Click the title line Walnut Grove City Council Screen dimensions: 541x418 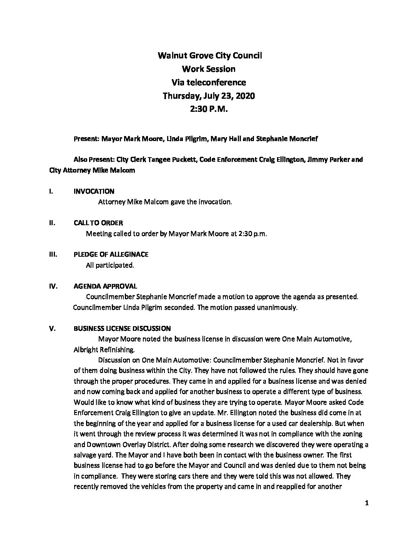pyautogui.click(x=210, y=56)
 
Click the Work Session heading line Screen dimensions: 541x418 pyautogui.click(x=209, y=69)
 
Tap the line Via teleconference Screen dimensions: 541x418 pyautogui.click(x=209, y=82)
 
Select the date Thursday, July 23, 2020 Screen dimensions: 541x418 pyautogui.click(x=209, y=96)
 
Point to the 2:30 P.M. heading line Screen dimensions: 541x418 pyautogui.click(x=209, y=109)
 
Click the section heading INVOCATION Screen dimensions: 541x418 pyautogui.click(x=94, y=191)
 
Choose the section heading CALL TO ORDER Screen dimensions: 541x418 pyautogui.click(x=98, y=223)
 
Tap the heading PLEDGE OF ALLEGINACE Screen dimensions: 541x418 pyautogui.click(x=111, y=254)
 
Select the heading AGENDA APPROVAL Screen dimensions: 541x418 pyautogui.click(x=105, y=286)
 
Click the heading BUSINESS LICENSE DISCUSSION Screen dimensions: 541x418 pyautogui.click(x=122, y=329)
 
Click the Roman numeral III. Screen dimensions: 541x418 pyautogui.click(x=53, y=254)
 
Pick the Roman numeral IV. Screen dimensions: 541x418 pyautogui.click(x=53, y=286)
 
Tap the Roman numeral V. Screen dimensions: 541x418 pyautogui.click(x=52, y=329)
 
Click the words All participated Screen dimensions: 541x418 pyautogui.click(x=110, y=265)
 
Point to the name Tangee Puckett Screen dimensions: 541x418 pyautogui.click(x=176, y=159)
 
